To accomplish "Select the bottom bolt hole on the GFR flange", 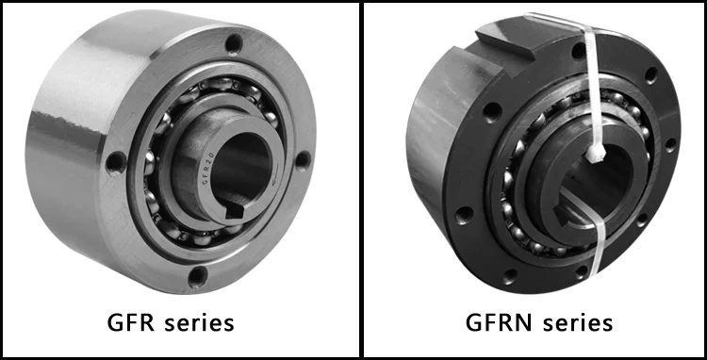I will point(197,275).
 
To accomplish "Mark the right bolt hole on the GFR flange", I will point(301,159).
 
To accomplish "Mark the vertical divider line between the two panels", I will point(361,179).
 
